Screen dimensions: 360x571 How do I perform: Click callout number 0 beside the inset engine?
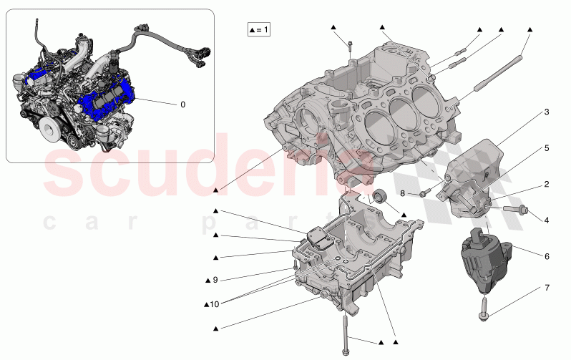pos(182,104)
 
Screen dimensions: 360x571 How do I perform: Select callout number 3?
pos(546,112)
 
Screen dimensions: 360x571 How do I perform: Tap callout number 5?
pos(546,149)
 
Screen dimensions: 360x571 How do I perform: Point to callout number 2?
pos(546,184)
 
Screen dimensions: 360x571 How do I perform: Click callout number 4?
pos(546,220)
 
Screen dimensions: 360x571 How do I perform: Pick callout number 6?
pos(546,256)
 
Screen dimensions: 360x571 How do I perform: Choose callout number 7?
pos(546,288)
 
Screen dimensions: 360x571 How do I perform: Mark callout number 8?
pos(402,193)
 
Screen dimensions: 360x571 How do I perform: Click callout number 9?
pos(214,280)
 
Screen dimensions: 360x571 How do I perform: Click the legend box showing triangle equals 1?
pos(259,30)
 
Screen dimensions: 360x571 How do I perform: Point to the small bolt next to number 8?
pos(423,192)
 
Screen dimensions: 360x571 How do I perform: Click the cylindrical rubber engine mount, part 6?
pos(482,259)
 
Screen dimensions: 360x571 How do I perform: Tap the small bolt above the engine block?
pos(350,47)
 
